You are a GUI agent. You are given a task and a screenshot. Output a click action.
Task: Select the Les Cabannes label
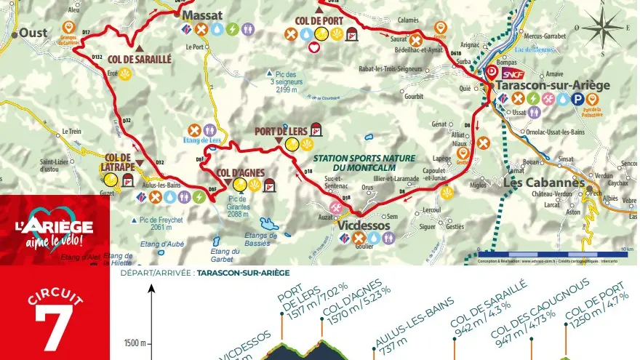pyautogui.click(x=544, y=183)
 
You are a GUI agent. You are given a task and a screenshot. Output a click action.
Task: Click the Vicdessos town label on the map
pyautogui.click(x=364, y=226)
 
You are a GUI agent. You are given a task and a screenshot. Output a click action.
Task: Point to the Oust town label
pyautogui.click(x=33, y=33)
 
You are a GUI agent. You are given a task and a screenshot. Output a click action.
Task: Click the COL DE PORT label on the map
pyautogui.click(x=319, y=21)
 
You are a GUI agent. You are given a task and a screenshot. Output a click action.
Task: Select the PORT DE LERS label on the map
pyautogui.click(x=281, y=132)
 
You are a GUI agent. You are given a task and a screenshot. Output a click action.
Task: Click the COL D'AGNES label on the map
pyautogui.click(x=240, y=172)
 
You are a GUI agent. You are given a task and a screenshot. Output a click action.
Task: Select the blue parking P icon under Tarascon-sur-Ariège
pyautogui.click(x=578, y=99)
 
